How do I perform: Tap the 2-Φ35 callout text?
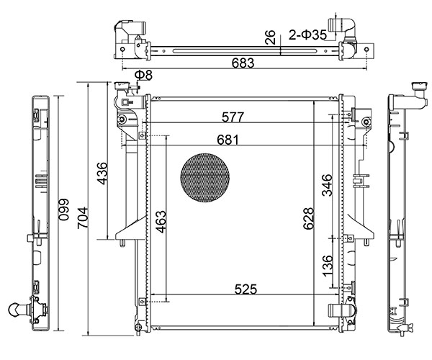tap(307, 34)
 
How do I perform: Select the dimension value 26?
tap(270, 37)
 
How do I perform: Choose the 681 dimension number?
tap(228, 139)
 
